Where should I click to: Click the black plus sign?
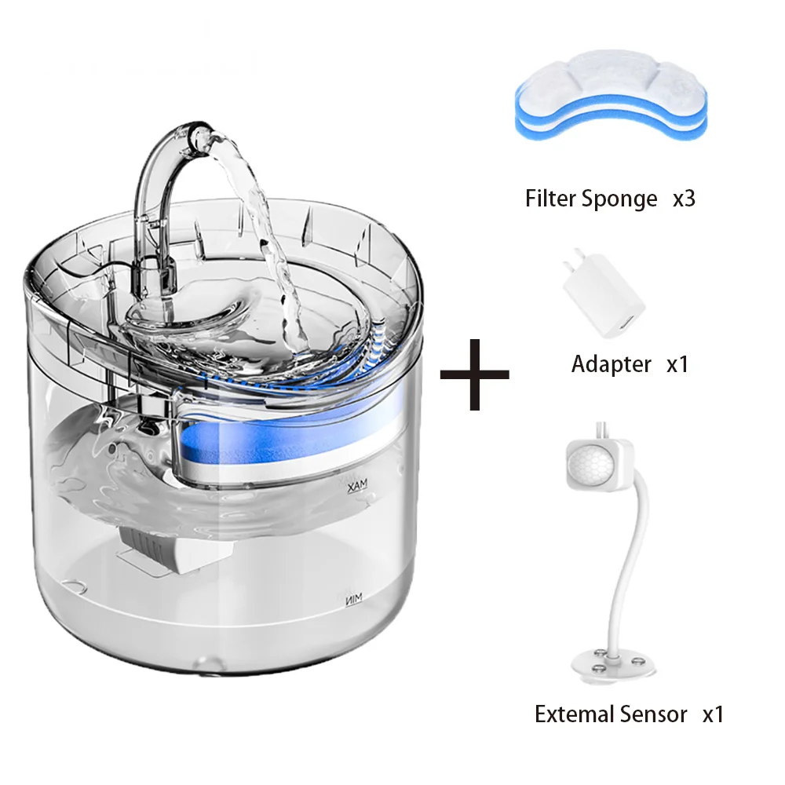[x=474, y=374]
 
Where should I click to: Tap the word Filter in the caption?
[x=550, y=198]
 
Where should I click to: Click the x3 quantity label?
[x=684, y=198]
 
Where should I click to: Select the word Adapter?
[x=612, y=364]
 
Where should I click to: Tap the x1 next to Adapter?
[x=677, y=364]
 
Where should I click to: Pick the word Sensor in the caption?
[x=653, y=714]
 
